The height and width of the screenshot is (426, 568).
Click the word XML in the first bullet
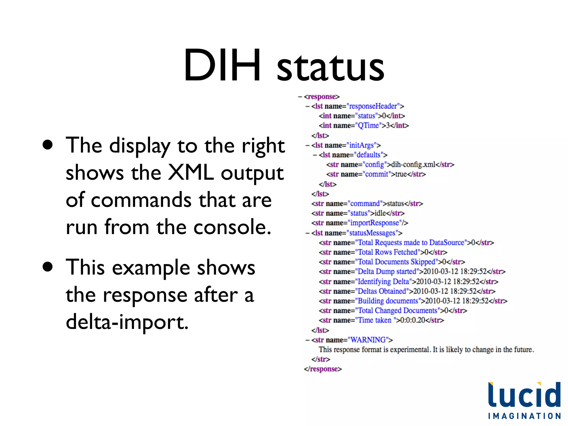pyautogui.click(x=191, y=173)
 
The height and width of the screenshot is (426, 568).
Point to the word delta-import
pyautogui.click(x=127, y=322)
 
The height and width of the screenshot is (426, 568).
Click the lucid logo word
pyautogui.click(x=524, y=395)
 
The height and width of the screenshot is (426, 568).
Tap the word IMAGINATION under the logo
pyautogui.click(x=524, y=416)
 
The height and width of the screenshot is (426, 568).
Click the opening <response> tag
pyautogui.click(x=322, y=97)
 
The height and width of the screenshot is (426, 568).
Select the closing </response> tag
pyautogui.click(x=323, y=369)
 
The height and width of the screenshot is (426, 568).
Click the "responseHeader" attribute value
pyautogui.click(x=373, y=106)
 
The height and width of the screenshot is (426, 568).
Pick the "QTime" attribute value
pyautogui.click(x=368, y=126)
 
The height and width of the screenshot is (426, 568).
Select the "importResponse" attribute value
pyautogui.click(x=374, y=223)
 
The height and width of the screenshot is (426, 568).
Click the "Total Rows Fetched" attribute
pyautogui.click(x=388, y=252)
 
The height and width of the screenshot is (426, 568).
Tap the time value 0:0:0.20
pyautogui.click(x=413, y=320)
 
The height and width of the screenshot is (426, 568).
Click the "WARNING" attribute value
pyautogui.click(x=368, y=340)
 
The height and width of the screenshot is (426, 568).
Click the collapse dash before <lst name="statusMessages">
pyautogui.click(x=307, y=233)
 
